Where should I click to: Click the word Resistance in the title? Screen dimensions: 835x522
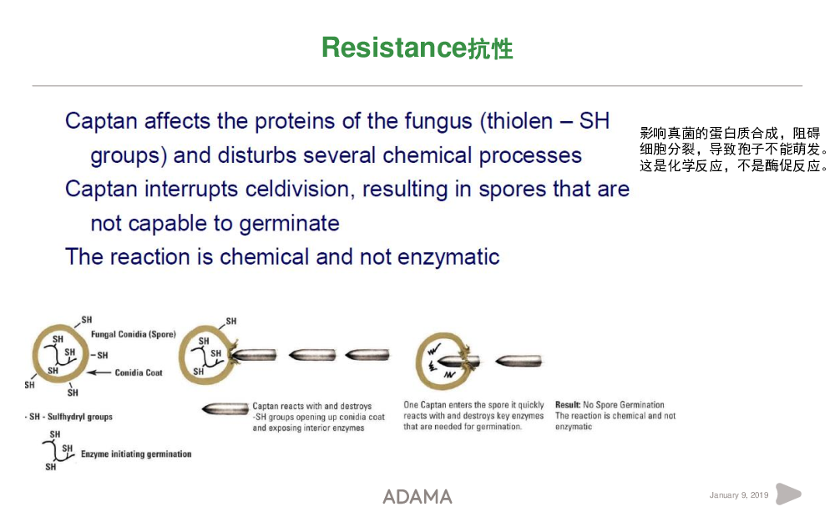394,48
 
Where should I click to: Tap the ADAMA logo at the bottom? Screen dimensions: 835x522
417,497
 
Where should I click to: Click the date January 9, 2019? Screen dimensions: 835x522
739,494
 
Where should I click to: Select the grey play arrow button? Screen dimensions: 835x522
788,494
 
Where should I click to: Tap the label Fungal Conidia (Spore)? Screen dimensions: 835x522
133,335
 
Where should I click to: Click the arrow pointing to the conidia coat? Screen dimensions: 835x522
99,372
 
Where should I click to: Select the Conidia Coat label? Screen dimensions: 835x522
139,372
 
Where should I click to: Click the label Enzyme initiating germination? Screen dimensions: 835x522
136,454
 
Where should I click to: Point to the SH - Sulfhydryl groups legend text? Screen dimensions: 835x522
69,417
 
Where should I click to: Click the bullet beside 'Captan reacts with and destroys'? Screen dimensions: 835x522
225,409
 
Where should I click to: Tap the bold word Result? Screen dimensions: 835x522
568,405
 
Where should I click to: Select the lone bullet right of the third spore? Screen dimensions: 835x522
519,361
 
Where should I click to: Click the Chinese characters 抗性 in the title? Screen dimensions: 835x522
490,49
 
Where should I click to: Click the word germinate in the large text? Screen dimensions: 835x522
289,224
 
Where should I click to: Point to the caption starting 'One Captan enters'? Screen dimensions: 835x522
473,415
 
